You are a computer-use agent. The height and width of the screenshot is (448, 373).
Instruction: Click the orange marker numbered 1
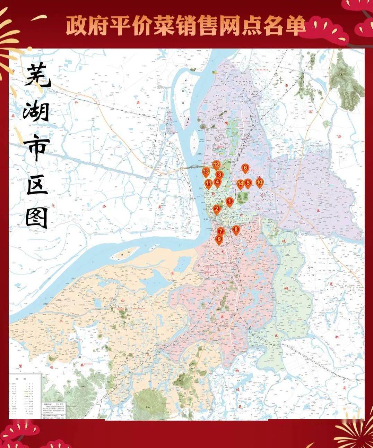click(x=229, y=201)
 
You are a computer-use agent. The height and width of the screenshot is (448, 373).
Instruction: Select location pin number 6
click(x=245, y=169)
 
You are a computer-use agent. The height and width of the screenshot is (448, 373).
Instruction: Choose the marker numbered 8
click(x=236, y=229)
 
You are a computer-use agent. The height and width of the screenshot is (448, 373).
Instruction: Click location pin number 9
click(x=219, y=239)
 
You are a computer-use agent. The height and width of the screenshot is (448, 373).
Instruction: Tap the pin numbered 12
click(x=216, y=164)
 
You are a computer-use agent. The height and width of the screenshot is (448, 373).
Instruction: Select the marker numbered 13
click(x=206, y=171)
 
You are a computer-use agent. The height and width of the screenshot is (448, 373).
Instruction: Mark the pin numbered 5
click(x=248, y=182)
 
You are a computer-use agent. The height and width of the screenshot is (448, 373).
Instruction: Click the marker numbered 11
click(x=208, y=183)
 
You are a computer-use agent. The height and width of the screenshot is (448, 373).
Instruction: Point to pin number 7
click(x=221, y=231)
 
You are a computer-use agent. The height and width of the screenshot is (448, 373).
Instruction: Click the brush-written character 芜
click(x=37, y=76)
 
